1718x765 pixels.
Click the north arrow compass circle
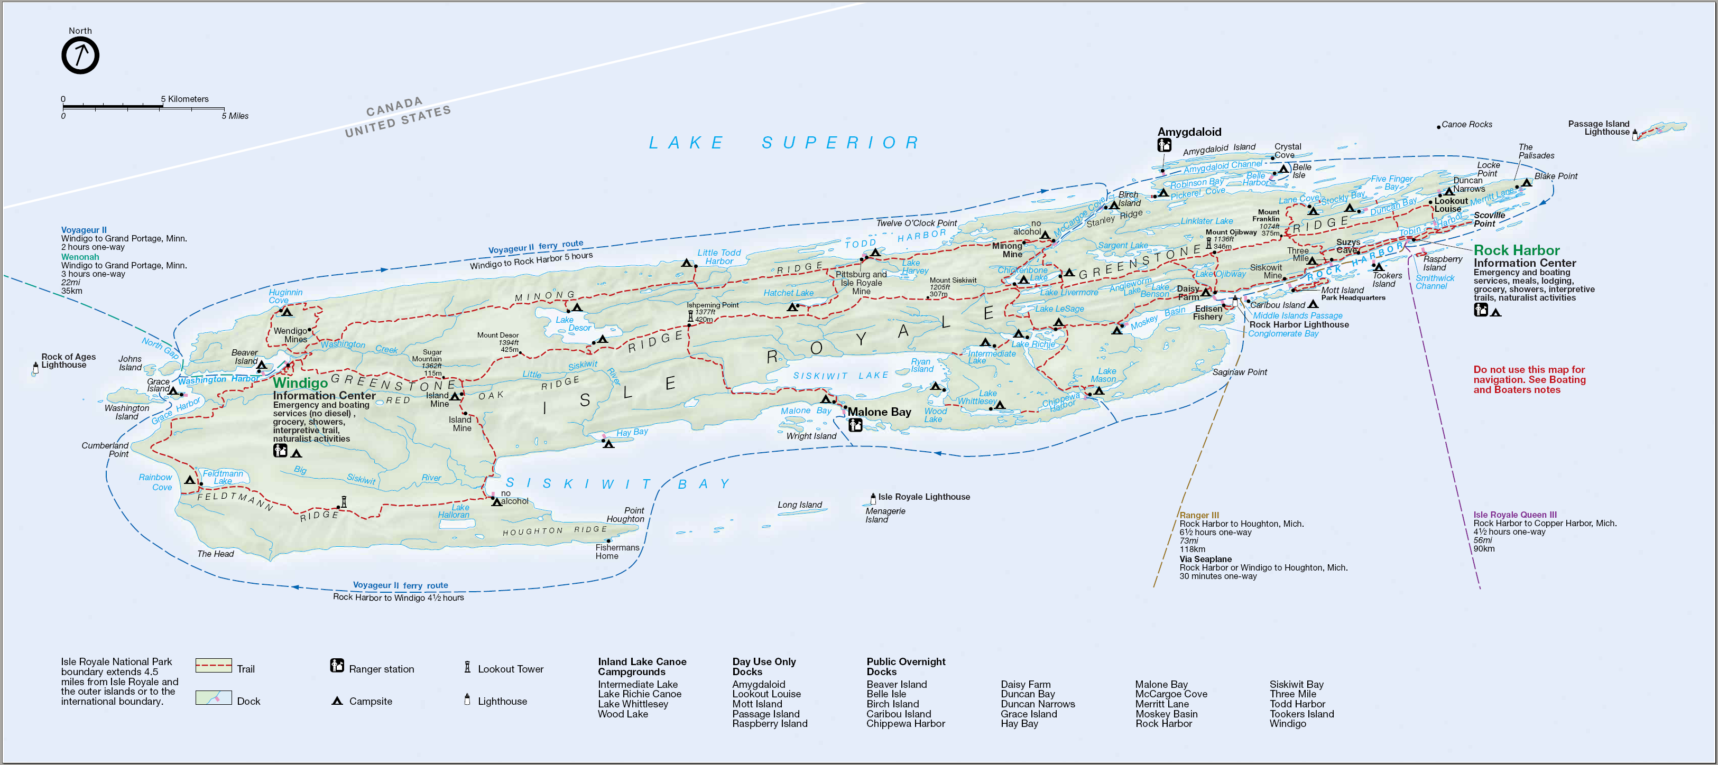tap(80, 55)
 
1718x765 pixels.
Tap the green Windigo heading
tap(300, 383)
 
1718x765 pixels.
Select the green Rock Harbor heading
tap(1516, 250)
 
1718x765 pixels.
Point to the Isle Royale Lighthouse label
tap(923, 497)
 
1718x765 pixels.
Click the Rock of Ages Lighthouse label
tap(68, 360)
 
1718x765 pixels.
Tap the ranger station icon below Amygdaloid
tap(1164, 145)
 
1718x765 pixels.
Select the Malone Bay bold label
tap(879, 412)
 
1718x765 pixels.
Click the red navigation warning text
tap(1529, 379)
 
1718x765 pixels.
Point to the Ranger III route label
tap(1198, 515)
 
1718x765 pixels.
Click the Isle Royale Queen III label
tap(1514, 515)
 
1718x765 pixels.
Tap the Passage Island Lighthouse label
tap(1598, 128)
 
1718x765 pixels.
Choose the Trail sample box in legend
tap(214, 665)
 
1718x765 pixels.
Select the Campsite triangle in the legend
tap(337, 701)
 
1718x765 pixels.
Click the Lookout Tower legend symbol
tap(467, 667)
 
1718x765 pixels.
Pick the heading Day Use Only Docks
tap(764, 666)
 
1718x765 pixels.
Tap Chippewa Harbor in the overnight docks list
tap(905, 724)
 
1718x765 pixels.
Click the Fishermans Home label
tap(617, 552)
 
